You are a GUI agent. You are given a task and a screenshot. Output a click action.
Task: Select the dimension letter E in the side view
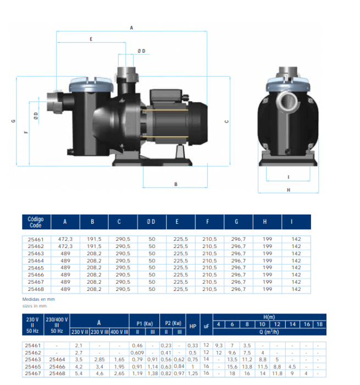[x=91, y=39]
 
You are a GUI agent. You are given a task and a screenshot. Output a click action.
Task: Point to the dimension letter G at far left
[x=13, y=122]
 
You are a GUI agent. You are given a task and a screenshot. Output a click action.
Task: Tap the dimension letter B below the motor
[x=175, y=184]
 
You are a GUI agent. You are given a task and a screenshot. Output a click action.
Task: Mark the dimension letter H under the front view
[x=289, y=190]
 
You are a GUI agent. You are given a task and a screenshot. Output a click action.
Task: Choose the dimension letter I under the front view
[x=289, y=177]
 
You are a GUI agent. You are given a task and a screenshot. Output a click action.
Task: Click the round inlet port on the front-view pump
[x=289, y=101]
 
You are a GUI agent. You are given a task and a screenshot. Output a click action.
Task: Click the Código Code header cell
[x=36, y=222]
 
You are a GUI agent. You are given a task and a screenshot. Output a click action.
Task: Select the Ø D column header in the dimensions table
[x=152, y=222]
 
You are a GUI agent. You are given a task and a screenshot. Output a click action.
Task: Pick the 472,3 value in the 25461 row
[x=65, y=239]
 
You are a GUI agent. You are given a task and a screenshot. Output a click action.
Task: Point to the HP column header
[x=192, y=326]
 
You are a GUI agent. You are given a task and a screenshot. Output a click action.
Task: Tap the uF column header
[x=206, y=326]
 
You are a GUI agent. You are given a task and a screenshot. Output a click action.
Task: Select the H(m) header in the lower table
[x=269, y=317]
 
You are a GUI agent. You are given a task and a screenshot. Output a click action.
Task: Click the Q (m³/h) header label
[x=269, y=332]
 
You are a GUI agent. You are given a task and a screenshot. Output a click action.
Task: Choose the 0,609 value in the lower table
[x=137, y=352]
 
